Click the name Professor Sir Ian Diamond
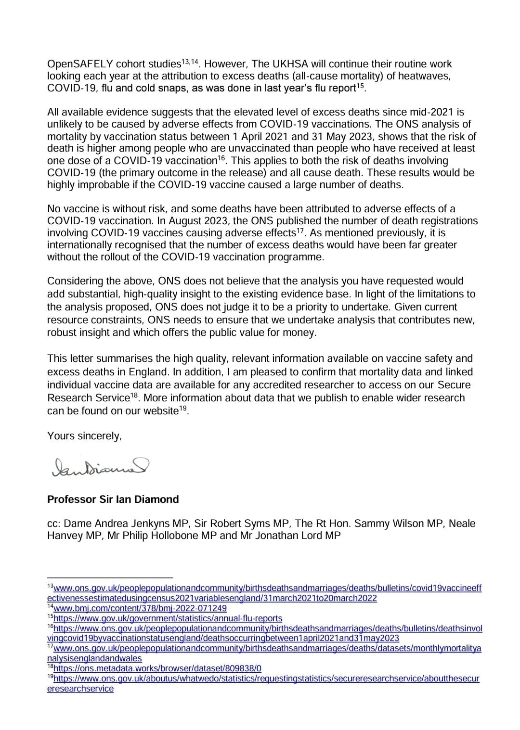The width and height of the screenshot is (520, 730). click(x=113, y=499)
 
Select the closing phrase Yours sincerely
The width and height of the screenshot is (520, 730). click(x=84, y=436)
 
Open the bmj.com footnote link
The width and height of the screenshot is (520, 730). click(x=140, y=608)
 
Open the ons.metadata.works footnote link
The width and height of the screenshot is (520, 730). click(x=157, y=668)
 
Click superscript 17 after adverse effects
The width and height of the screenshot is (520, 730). click(x=300, y=231)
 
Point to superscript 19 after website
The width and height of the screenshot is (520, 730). click(x=183, y=409)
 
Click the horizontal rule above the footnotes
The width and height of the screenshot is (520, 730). click(x=110, y=576)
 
